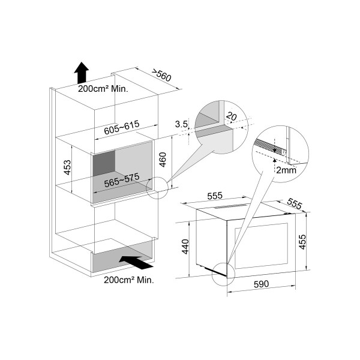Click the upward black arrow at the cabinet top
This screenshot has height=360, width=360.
[81, 73]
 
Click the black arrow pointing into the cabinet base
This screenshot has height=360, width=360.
[136, 262]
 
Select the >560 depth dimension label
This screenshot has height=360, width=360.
[161, 75]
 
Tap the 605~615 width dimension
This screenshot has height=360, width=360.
[122, 127]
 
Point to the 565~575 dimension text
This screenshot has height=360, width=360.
[122, 180]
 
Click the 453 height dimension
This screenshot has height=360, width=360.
[67, 167]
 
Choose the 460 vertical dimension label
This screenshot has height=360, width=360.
[163, 160]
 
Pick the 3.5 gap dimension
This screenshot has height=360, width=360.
[181, 124]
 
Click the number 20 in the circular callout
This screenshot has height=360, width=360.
[231, 116]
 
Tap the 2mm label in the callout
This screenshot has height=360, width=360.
[286, 170]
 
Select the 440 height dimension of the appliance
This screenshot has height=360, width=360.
[185, 247]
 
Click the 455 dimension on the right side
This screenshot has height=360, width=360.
[303, 242]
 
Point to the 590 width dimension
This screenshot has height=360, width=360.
[261, 284]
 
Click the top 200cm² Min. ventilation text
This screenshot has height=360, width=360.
[103, 89]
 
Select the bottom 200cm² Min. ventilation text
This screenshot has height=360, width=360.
[129, 280]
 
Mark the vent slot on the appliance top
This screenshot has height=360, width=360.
[232, 206]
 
